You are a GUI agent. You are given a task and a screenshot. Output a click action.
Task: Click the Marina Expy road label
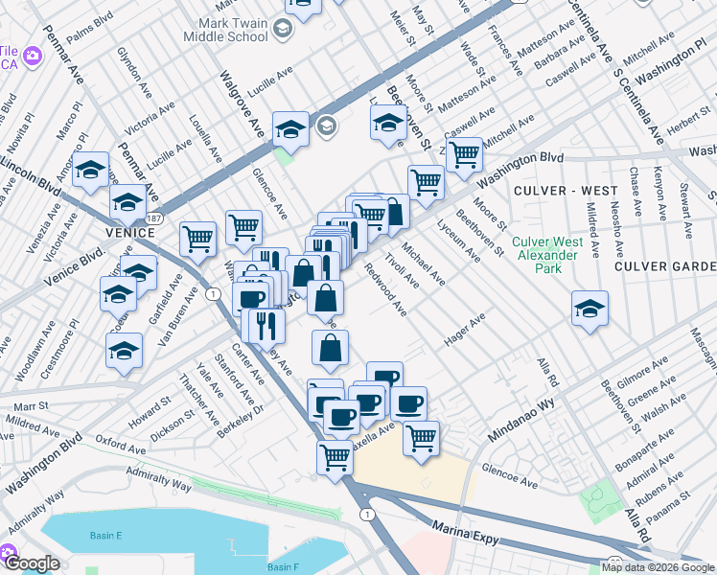466,534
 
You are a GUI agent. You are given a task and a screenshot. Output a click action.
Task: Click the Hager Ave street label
465,330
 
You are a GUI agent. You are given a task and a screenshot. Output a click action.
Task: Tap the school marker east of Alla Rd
590,310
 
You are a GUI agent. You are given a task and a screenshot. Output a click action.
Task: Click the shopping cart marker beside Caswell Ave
464,152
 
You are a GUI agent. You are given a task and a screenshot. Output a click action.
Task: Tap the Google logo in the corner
31,563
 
